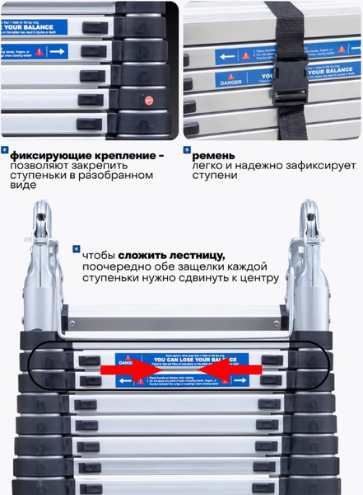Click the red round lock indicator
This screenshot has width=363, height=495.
tap(149, 101)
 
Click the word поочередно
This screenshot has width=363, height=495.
tap(118, 267)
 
